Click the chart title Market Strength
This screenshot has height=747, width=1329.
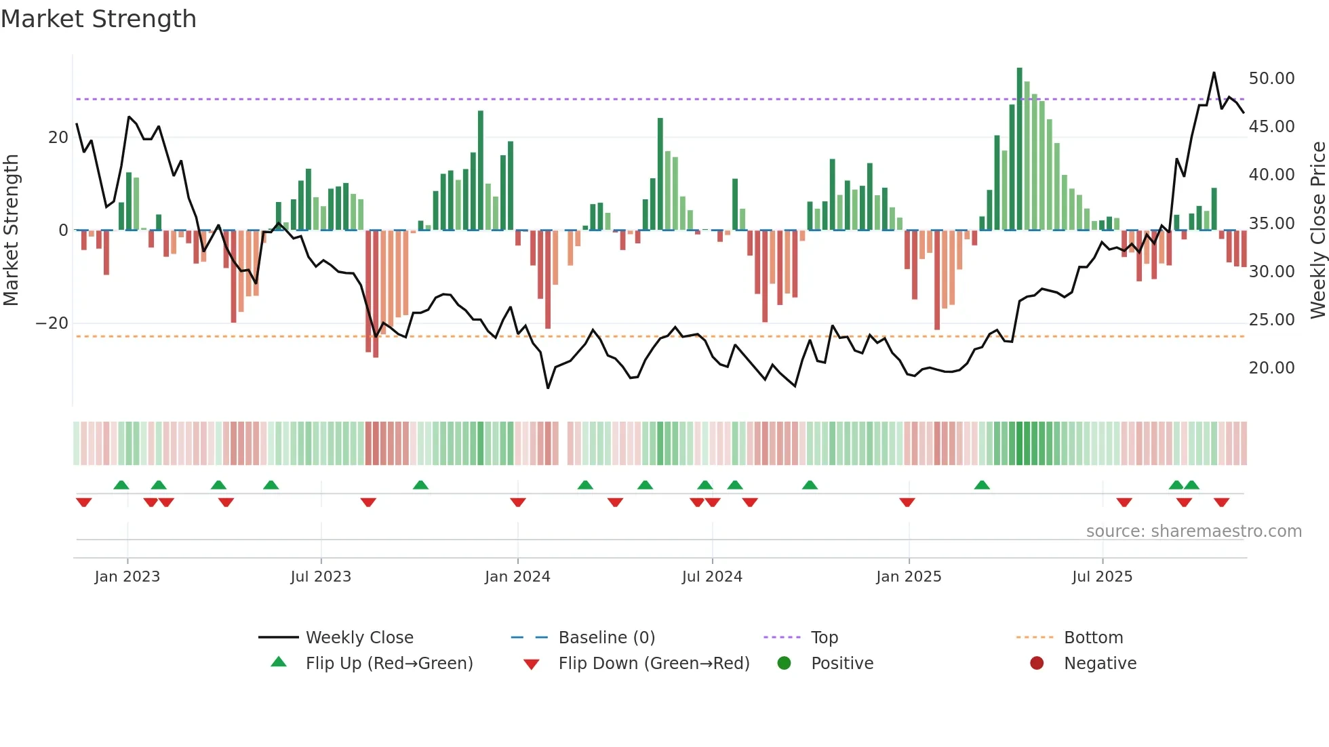tap(98, 19)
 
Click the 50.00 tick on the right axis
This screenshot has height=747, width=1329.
tap(1271, 79)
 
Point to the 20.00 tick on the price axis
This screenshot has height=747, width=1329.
tap(1271, 368)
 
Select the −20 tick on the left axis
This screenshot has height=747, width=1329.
tap(52, 323)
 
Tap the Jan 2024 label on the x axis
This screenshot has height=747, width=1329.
tap(517, 577)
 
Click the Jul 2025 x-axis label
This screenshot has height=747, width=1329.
tap(1102, 577)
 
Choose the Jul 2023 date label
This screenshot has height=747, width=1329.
tap(321, 577)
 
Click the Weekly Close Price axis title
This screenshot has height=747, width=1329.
tap(1317, 230)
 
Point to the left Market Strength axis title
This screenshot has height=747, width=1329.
tap(12, 230)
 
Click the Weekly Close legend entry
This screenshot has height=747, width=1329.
tap(359, 638)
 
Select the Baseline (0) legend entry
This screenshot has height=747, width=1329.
tap(606, 638)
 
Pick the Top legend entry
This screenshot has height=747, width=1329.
tap(824, 638)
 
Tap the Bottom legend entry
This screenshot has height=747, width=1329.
tap(1093, 638)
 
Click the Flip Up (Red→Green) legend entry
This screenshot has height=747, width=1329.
tap(389, 664)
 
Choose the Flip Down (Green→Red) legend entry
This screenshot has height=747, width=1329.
tap(654, 664)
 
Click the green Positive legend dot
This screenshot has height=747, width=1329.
tap(785, 664)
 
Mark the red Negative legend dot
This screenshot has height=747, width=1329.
tap(1037, 664)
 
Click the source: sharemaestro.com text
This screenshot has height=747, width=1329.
tap(1193, 531)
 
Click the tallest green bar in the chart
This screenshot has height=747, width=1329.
tap(1019, 149)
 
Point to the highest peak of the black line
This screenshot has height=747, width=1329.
tap(1214, 73)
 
